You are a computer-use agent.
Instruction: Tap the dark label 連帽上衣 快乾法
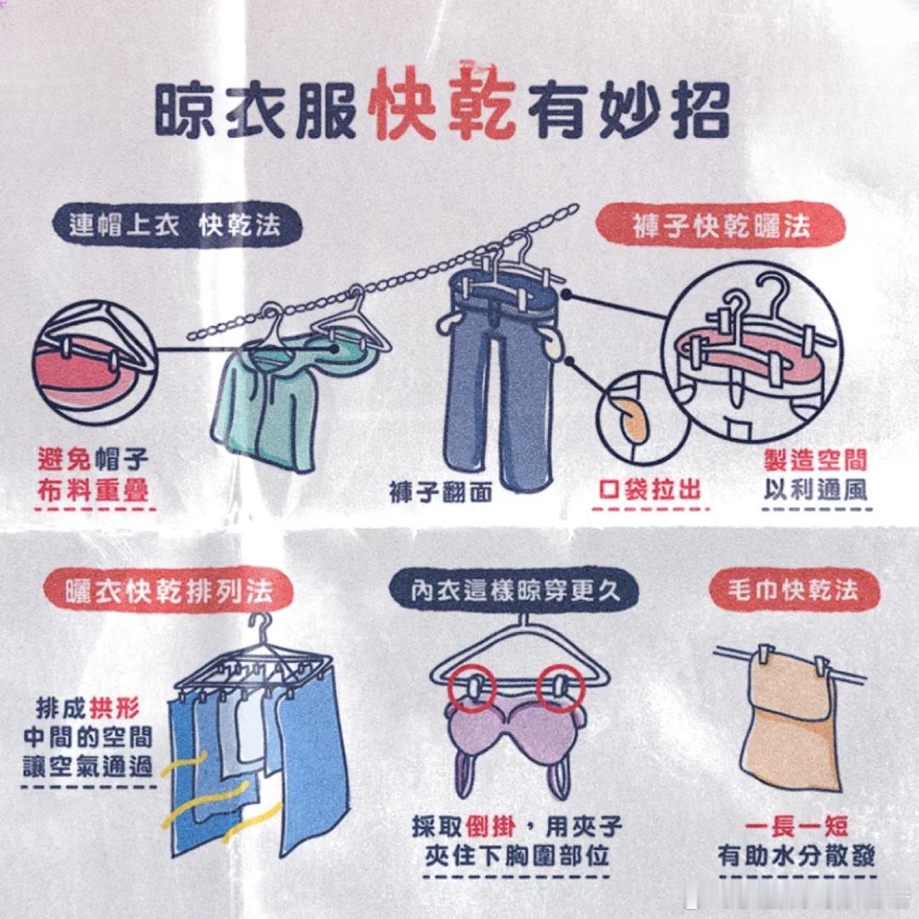tap(177, 225)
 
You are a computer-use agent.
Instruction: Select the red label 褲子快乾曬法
tap(721, 225)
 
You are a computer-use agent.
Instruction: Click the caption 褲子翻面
tap(441, 493)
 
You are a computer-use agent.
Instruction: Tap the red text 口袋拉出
tap(650, 489)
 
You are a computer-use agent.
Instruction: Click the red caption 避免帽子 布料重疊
tap(93, 475)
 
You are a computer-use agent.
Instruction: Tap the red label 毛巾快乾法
tap(795, 590)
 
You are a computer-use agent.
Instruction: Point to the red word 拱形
tap(115, 709)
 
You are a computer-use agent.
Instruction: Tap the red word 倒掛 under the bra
tap(490, 827)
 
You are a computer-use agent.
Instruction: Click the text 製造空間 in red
tap(815, 460)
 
